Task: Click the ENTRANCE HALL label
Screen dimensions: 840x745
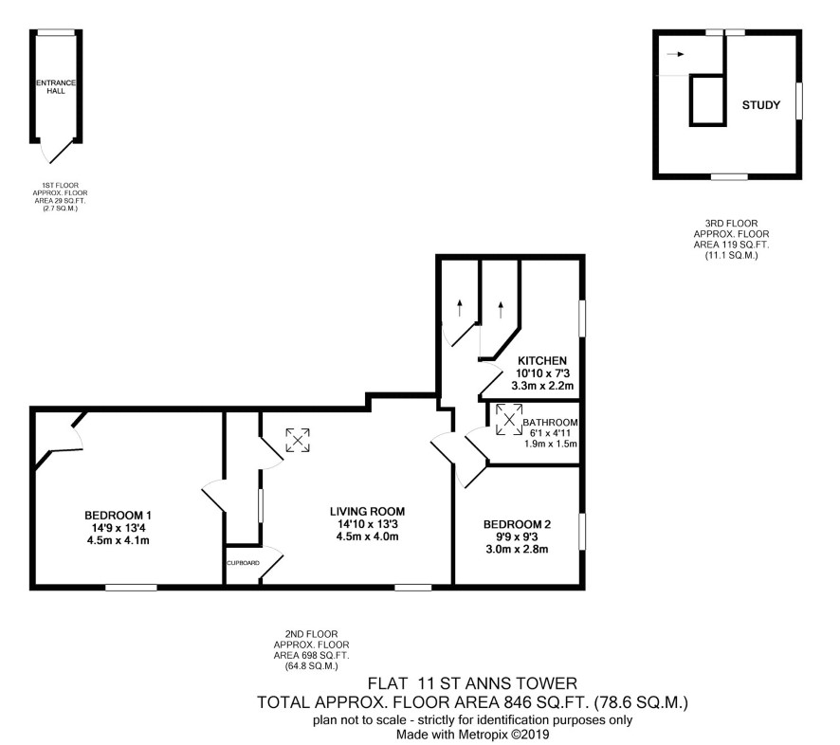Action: (x=56, y=87)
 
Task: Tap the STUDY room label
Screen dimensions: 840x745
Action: (x=760, y=105)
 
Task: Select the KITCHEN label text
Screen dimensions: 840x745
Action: (x=542, y=360)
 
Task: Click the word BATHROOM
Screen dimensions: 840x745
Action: (x=550, y=422)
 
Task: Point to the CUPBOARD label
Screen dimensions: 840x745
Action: (x=244, y=563)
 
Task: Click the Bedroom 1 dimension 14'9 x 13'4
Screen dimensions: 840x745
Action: (x=118, y=528)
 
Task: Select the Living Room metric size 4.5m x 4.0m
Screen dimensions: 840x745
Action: (x=367, y=536)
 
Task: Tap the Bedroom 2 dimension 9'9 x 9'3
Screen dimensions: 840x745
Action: (x=517, y=536)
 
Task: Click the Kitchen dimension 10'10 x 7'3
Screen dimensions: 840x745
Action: (x=542, y=373)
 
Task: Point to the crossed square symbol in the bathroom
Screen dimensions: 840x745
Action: (x=509, y=419)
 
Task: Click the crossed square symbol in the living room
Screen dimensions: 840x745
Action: (x=298, y=440)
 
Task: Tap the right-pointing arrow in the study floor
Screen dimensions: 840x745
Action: (x=676, y=54)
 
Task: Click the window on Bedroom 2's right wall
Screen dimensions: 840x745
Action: (x=582, y=532)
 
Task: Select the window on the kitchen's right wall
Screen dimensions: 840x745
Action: (x=582, y=318)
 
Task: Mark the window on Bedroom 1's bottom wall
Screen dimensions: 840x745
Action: (x=131, y=588)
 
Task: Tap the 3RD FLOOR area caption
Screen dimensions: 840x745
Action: (x=731, y=240)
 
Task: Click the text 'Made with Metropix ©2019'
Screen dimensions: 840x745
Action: (x=472, y=735)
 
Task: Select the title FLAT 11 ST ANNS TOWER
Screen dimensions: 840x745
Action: (x=472, y=683)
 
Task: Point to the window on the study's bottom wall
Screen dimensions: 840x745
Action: (x=729, y=176)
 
